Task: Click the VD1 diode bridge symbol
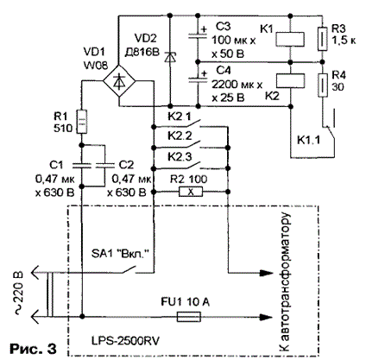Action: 119,81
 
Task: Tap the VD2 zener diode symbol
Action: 170,57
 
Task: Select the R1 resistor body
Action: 81,122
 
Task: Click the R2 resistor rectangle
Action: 191,192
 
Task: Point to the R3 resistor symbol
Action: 322,39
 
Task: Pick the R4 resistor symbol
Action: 323,85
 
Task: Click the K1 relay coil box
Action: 290,39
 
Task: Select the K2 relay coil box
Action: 290,80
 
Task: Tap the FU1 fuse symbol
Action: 188,317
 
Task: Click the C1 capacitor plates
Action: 82,165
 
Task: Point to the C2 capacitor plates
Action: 104,165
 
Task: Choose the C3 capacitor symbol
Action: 198,35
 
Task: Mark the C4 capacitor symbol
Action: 198,79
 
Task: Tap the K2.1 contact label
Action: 180,117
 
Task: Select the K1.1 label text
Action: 308,140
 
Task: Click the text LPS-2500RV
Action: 125,341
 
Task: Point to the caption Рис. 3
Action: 33,349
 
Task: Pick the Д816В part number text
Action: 142,52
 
